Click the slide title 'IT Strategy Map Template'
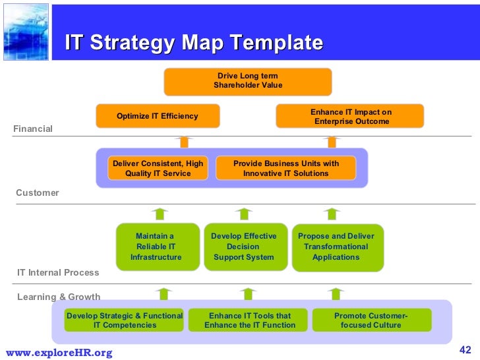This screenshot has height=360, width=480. click(x=194, y=43)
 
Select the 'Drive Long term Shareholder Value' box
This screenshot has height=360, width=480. click(x=248, y=81)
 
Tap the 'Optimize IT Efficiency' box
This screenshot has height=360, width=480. click(x=158, y=116)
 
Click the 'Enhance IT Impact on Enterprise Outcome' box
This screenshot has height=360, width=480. click(x=350, y=117)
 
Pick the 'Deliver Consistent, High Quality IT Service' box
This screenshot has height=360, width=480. click(x=158, y=168)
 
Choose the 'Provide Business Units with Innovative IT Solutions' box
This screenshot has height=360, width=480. click(x=285, y=168)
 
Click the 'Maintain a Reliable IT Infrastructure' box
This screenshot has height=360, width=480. click(x=156, y=247)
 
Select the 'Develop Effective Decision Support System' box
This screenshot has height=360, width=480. click(x=244, y=247)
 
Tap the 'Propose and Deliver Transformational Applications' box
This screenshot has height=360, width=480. click(x=336, y=247)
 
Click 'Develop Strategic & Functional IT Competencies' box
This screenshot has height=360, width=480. click(x=125, y=320)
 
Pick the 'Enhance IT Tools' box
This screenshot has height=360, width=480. click(x=249, y=320)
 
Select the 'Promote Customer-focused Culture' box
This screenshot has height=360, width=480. click(x=371, y=320)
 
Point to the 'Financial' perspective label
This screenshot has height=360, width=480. click(x=33, y=129)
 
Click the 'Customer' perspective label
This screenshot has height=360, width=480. click(x=38, y=193)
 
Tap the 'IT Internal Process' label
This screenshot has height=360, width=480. click(x=58, y=272)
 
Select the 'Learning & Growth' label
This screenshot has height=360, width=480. click(x=59, y=297)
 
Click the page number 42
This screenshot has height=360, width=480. click(x=465, y=349)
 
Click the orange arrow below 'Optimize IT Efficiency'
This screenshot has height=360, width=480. click(x=185, y=141)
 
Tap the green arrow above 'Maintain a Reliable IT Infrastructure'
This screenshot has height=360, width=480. click(x=159, y=214)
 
